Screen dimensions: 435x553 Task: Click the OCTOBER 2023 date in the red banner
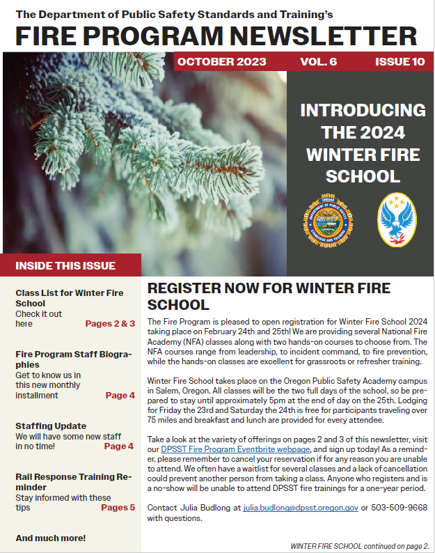[221, 62]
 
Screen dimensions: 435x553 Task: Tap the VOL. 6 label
[318, 62]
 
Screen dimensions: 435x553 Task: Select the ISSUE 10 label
[400, 62]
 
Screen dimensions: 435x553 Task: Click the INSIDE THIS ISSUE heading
[65, 265]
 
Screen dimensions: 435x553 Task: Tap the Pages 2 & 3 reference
[110, 324]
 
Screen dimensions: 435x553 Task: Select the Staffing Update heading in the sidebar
[51, 426]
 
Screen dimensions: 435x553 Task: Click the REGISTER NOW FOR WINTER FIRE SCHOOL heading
[269, 296]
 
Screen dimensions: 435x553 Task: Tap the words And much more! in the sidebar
[51, 538]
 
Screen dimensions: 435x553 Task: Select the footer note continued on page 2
[359, 545]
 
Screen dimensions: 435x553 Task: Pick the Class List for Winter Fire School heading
[69, 298]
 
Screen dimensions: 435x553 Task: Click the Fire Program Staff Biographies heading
[73, 359]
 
